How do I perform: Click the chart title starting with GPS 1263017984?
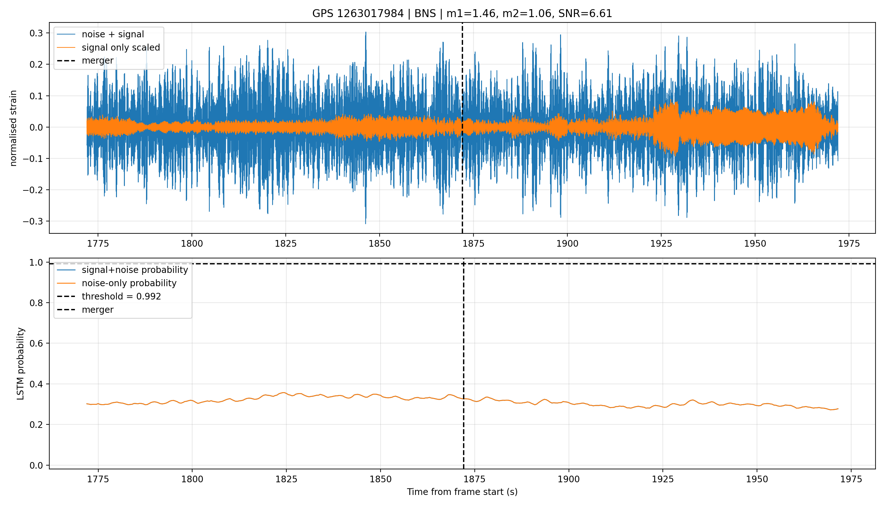pyautogui.click(x=462, y=14)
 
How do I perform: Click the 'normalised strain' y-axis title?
pyautogui.click(x=13, y=128)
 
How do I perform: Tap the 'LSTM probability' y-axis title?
pyautogui.click(x=21, y=363)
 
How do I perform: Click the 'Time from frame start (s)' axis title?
pyautogui.click(x=462, y=492)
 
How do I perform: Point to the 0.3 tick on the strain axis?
pyautogui.click(x=36, y=33)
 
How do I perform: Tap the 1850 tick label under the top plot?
pyautogui.click(x=380, y=244)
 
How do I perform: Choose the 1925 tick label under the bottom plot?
pyautogui.click(x=663, y=479)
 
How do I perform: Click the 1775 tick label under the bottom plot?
pyautogui.click(x=98, y=479)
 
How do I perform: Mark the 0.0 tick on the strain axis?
pyautogui.click(x=36, y=127)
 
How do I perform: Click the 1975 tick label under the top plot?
pyautogui.click(x=849, y=244)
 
